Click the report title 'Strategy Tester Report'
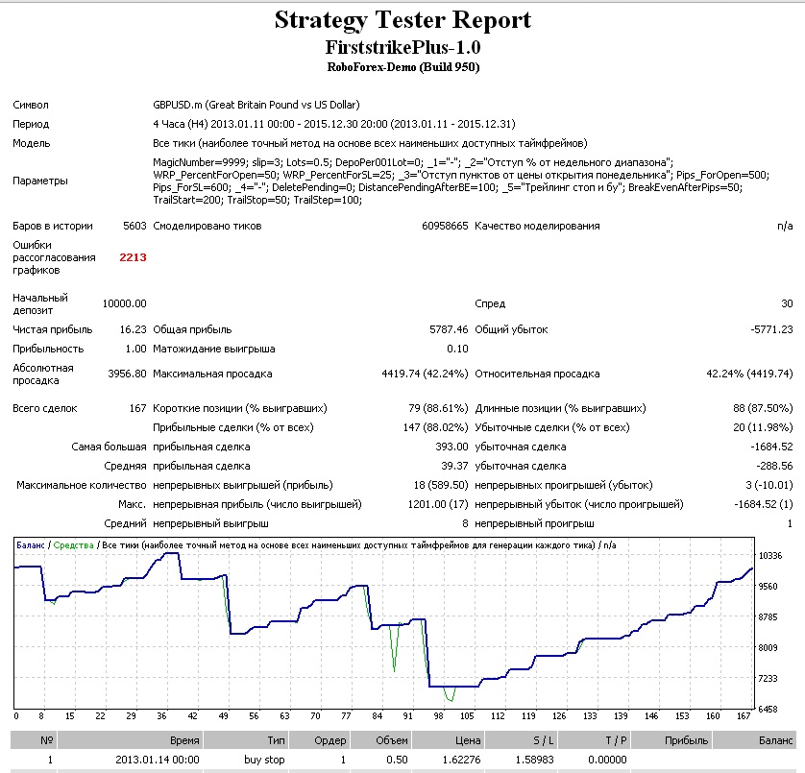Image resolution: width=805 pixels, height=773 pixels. (x=402, y=21)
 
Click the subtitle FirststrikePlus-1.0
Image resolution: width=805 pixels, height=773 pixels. (x=403, y=48)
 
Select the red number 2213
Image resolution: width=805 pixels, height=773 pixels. (x=133, y=257)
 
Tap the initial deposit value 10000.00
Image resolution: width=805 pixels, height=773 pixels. (x=124, y=303)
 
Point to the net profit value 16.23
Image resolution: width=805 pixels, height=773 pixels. (x=133, y=329)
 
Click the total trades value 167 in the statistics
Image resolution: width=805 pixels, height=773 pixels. (x=137, y=408)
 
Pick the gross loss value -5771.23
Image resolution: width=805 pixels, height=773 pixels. (x=771, y=329)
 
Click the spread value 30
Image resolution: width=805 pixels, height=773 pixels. (x=787, y=303)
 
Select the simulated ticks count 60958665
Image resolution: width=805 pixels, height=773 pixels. (x=445, y=226)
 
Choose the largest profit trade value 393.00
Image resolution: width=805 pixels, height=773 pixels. (x=451, y=447)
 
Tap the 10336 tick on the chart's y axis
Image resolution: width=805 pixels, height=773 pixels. (x=770, y=556)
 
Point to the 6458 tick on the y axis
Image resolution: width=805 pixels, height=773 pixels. (x=768, y=710)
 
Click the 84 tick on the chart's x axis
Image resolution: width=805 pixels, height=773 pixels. (x=378, y=716)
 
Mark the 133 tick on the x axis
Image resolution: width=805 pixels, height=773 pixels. (x=590, y=716)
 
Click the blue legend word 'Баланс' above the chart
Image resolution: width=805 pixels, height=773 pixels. (x=31, y=545)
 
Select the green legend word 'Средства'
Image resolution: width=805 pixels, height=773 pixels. (x=73, y=545)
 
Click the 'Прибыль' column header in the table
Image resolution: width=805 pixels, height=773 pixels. (x=686, y=740)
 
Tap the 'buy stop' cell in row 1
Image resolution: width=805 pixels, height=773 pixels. (x=264, y=760)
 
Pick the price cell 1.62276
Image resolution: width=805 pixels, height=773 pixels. (x=461, y=760)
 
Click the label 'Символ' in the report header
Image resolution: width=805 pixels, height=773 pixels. (x=31, y=106)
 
